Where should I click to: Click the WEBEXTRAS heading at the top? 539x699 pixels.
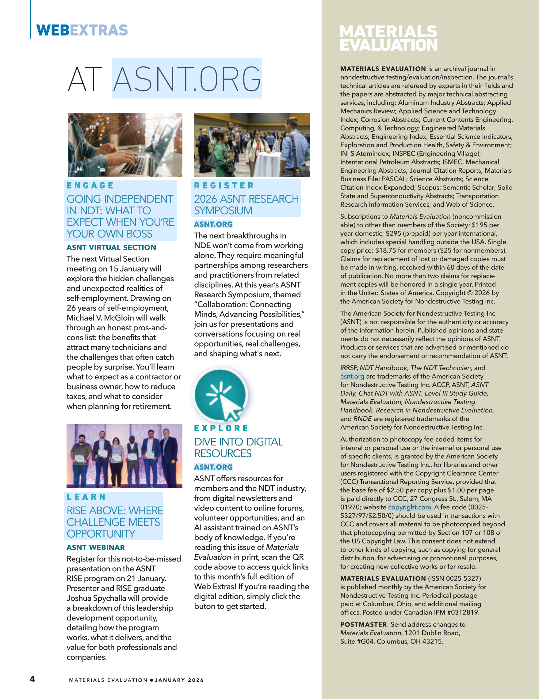[x=82, y=30]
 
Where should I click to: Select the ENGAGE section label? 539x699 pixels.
[x=90, y=186]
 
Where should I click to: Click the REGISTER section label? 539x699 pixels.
[x=224, y=186]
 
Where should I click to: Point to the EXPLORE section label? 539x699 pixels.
[x=221, y=428]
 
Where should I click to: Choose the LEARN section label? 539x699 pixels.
[x=86, y=497]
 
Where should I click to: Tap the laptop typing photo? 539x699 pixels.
[x=125, y=145]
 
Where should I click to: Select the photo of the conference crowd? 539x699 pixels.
[x=252, y=145]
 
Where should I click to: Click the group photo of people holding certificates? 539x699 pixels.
[x=124, y=456]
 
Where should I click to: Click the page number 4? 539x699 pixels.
[x=32, y=679]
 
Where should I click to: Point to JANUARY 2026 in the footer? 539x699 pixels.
[x=179, y=680]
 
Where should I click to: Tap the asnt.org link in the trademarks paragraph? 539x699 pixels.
[x=352, y=376]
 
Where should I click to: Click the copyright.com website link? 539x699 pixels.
[x=410, y=507]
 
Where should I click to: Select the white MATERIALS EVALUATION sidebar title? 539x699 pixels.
[x=388, y=38]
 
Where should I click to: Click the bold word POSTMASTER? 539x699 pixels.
[x=363, y=624]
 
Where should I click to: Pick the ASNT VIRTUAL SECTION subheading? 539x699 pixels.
[x=111, y=247]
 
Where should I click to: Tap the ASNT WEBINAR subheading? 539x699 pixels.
[x=95, y=548]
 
